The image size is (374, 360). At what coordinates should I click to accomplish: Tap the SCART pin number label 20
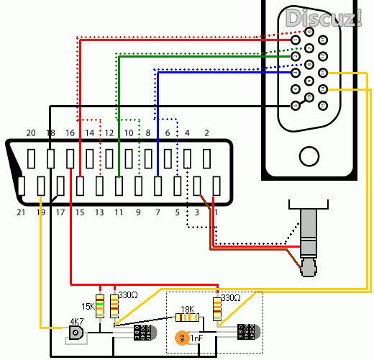pos(30,133)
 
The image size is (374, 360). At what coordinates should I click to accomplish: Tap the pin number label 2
pos(206,133)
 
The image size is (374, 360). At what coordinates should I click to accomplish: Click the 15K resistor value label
pos(87,306)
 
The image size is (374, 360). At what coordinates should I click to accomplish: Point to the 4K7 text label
pos(76,321)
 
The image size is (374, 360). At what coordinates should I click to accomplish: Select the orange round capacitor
pos(182,336)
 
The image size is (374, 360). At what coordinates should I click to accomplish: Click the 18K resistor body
pos(187,317)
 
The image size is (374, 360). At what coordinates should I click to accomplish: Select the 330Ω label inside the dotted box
pos(230,297)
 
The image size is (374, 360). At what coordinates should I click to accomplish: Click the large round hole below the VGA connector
pos(310,156)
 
